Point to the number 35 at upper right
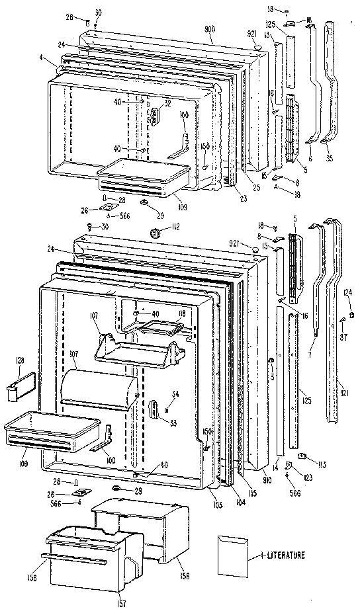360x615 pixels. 331,159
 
